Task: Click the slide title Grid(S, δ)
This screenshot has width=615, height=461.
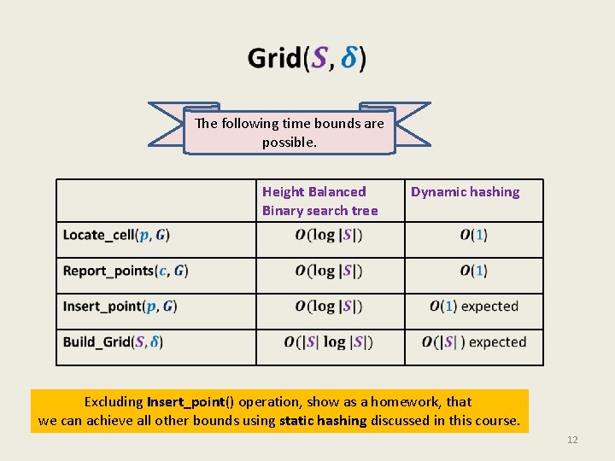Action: coord(307,58)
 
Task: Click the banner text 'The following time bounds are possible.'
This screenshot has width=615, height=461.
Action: coord(290,132)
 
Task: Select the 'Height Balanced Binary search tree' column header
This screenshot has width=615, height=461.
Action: coord(319,201)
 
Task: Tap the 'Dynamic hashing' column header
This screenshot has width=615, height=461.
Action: coord(465,192)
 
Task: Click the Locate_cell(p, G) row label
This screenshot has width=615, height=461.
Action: coord(116,235)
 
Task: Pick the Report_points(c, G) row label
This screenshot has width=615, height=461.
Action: coord(126,271)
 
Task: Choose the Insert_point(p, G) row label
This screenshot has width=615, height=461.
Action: coord(120,306)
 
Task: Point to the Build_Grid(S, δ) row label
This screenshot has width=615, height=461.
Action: coord(113,342)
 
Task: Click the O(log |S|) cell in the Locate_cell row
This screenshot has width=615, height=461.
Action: coord(329,235)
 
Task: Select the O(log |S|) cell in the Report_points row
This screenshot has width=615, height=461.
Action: coord(329,271)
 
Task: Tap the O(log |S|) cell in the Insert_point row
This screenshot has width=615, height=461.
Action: coord(329,306)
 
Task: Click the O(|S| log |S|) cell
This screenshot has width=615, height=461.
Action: coord(329,342)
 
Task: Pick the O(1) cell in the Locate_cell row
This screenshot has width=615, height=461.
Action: coord(473,235)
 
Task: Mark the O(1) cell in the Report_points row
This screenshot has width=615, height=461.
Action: coord(473,271)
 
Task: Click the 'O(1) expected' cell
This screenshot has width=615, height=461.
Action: coord(473,306)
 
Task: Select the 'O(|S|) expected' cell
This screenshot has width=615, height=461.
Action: coord(473,342)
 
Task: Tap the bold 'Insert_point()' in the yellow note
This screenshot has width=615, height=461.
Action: coord(190,401)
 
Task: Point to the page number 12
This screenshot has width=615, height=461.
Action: coord(572,440)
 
